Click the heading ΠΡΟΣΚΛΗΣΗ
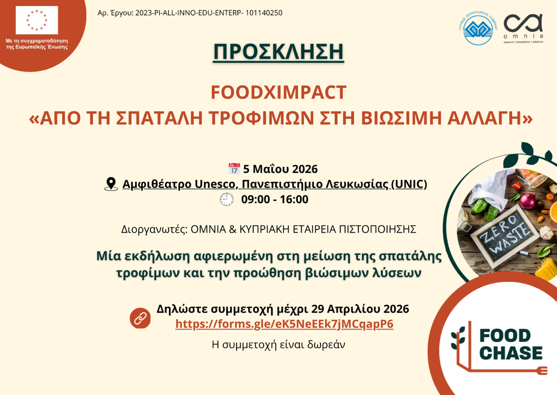279,51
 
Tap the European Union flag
37,20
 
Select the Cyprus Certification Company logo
478,28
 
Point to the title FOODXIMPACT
279,92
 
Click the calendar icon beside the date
234,169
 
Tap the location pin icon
111,184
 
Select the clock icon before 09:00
227,199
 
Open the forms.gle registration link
284,324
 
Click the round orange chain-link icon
140,318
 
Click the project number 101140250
264,13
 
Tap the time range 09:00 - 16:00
275,200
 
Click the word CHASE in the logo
511,353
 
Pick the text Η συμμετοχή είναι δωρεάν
279,345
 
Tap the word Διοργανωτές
154,229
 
